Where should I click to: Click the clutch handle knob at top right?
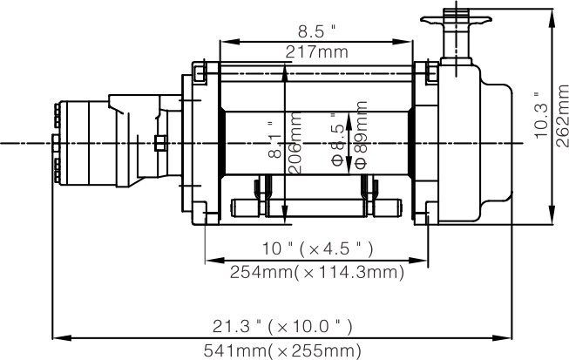454,17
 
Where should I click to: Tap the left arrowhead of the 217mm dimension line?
223,40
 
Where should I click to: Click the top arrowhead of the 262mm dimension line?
552,14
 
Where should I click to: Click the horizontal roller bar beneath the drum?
315,207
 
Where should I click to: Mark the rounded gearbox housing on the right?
475,144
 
